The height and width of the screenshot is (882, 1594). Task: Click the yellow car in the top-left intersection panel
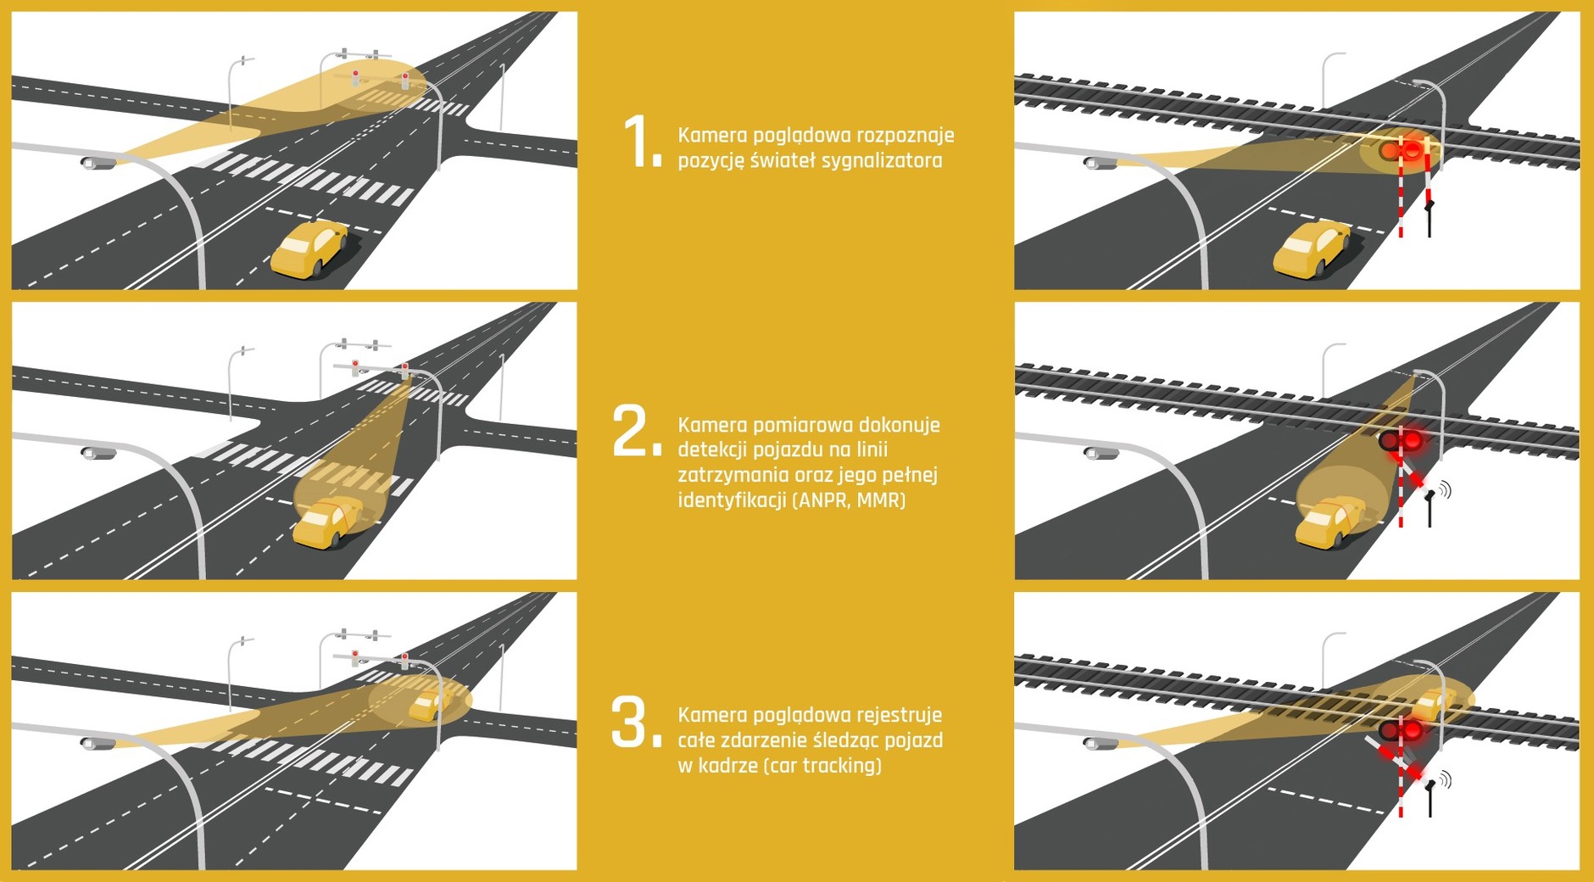[x=310, y=248]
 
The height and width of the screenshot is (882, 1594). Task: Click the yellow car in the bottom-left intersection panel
[x=427, y=705]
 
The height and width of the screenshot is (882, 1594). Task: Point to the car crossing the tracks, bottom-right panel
[x=1435, y=703]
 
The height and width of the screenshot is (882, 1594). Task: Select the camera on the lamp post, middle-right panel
[x=1101, y=453]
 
